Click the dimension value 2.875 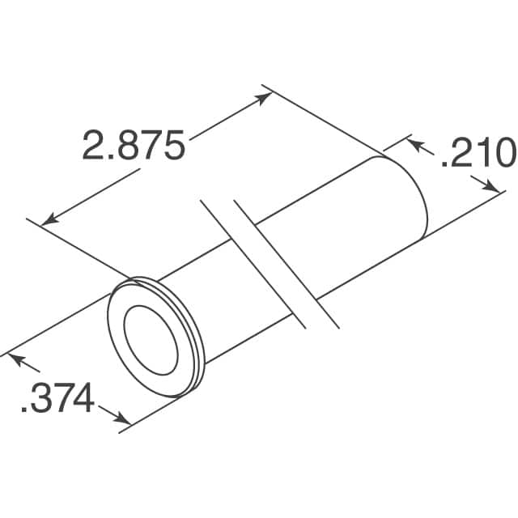click(134, 146)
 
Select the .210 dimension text click(477, 154)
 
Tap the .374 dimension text click(56, 399)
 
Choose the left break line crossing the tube click(253, 263)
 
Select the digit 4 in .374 click(83, 399)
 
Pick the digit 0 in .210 click(503, 154)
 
